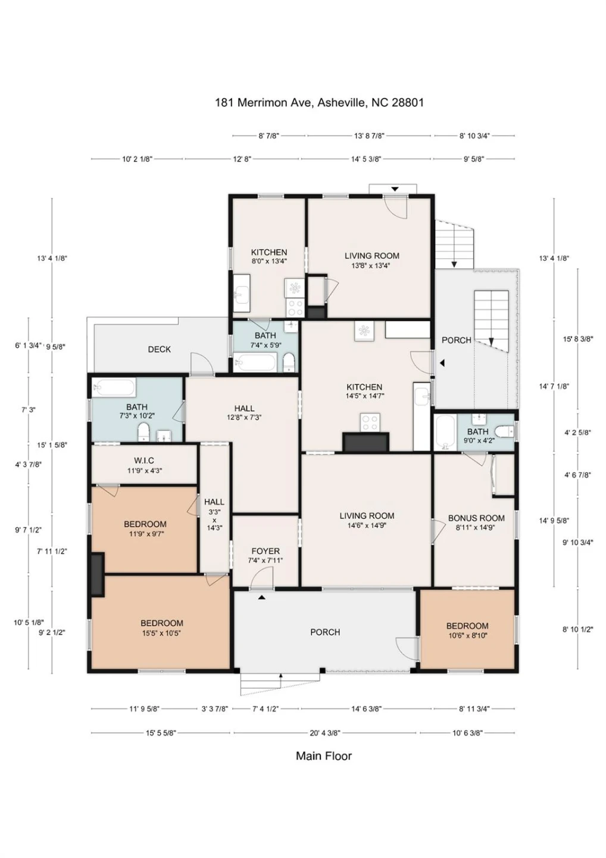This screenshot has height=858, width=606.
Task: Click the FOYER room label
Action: click(265, 551)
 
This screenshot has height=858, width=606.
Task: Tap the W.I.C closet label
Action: click(144, 461)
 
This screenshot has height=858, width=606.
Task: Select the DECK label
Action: click(159, 349)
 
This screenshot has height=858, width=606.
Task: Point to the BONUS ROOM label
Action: click(476, 518)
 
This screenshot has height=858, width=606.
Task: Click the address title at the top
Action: click(320, 102)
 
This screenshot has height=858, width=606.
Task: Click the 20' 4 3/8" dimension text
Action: click(325, 733)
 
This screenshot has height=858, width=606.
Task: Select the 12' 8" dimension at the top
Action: click(242, 159)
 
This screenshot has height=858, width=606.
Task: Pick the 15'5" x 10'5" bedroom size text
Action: click(161, 633)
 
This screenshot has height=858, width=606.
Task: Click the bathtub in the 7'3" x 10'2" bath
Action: click(114, 388)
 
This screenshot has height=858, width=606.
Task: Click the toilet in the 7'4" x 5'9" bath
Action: click(289, 362)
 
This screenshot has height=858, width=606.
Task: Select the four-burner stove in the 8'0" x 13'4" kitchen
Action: click(295, 307)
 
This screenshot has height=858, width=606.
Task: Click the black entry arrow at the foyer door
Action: click(261, 597)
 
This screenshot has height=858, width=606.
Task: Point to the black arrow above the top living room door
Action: click(395, 189)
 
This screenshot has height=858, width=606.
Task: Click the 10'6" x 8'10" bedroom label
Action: click(467, 630)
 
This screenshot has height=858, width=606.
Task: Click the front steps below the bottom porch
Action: click(280, 684)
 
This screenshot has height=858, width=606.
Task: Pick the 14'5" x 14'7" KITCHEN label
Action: click(364, 391)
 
